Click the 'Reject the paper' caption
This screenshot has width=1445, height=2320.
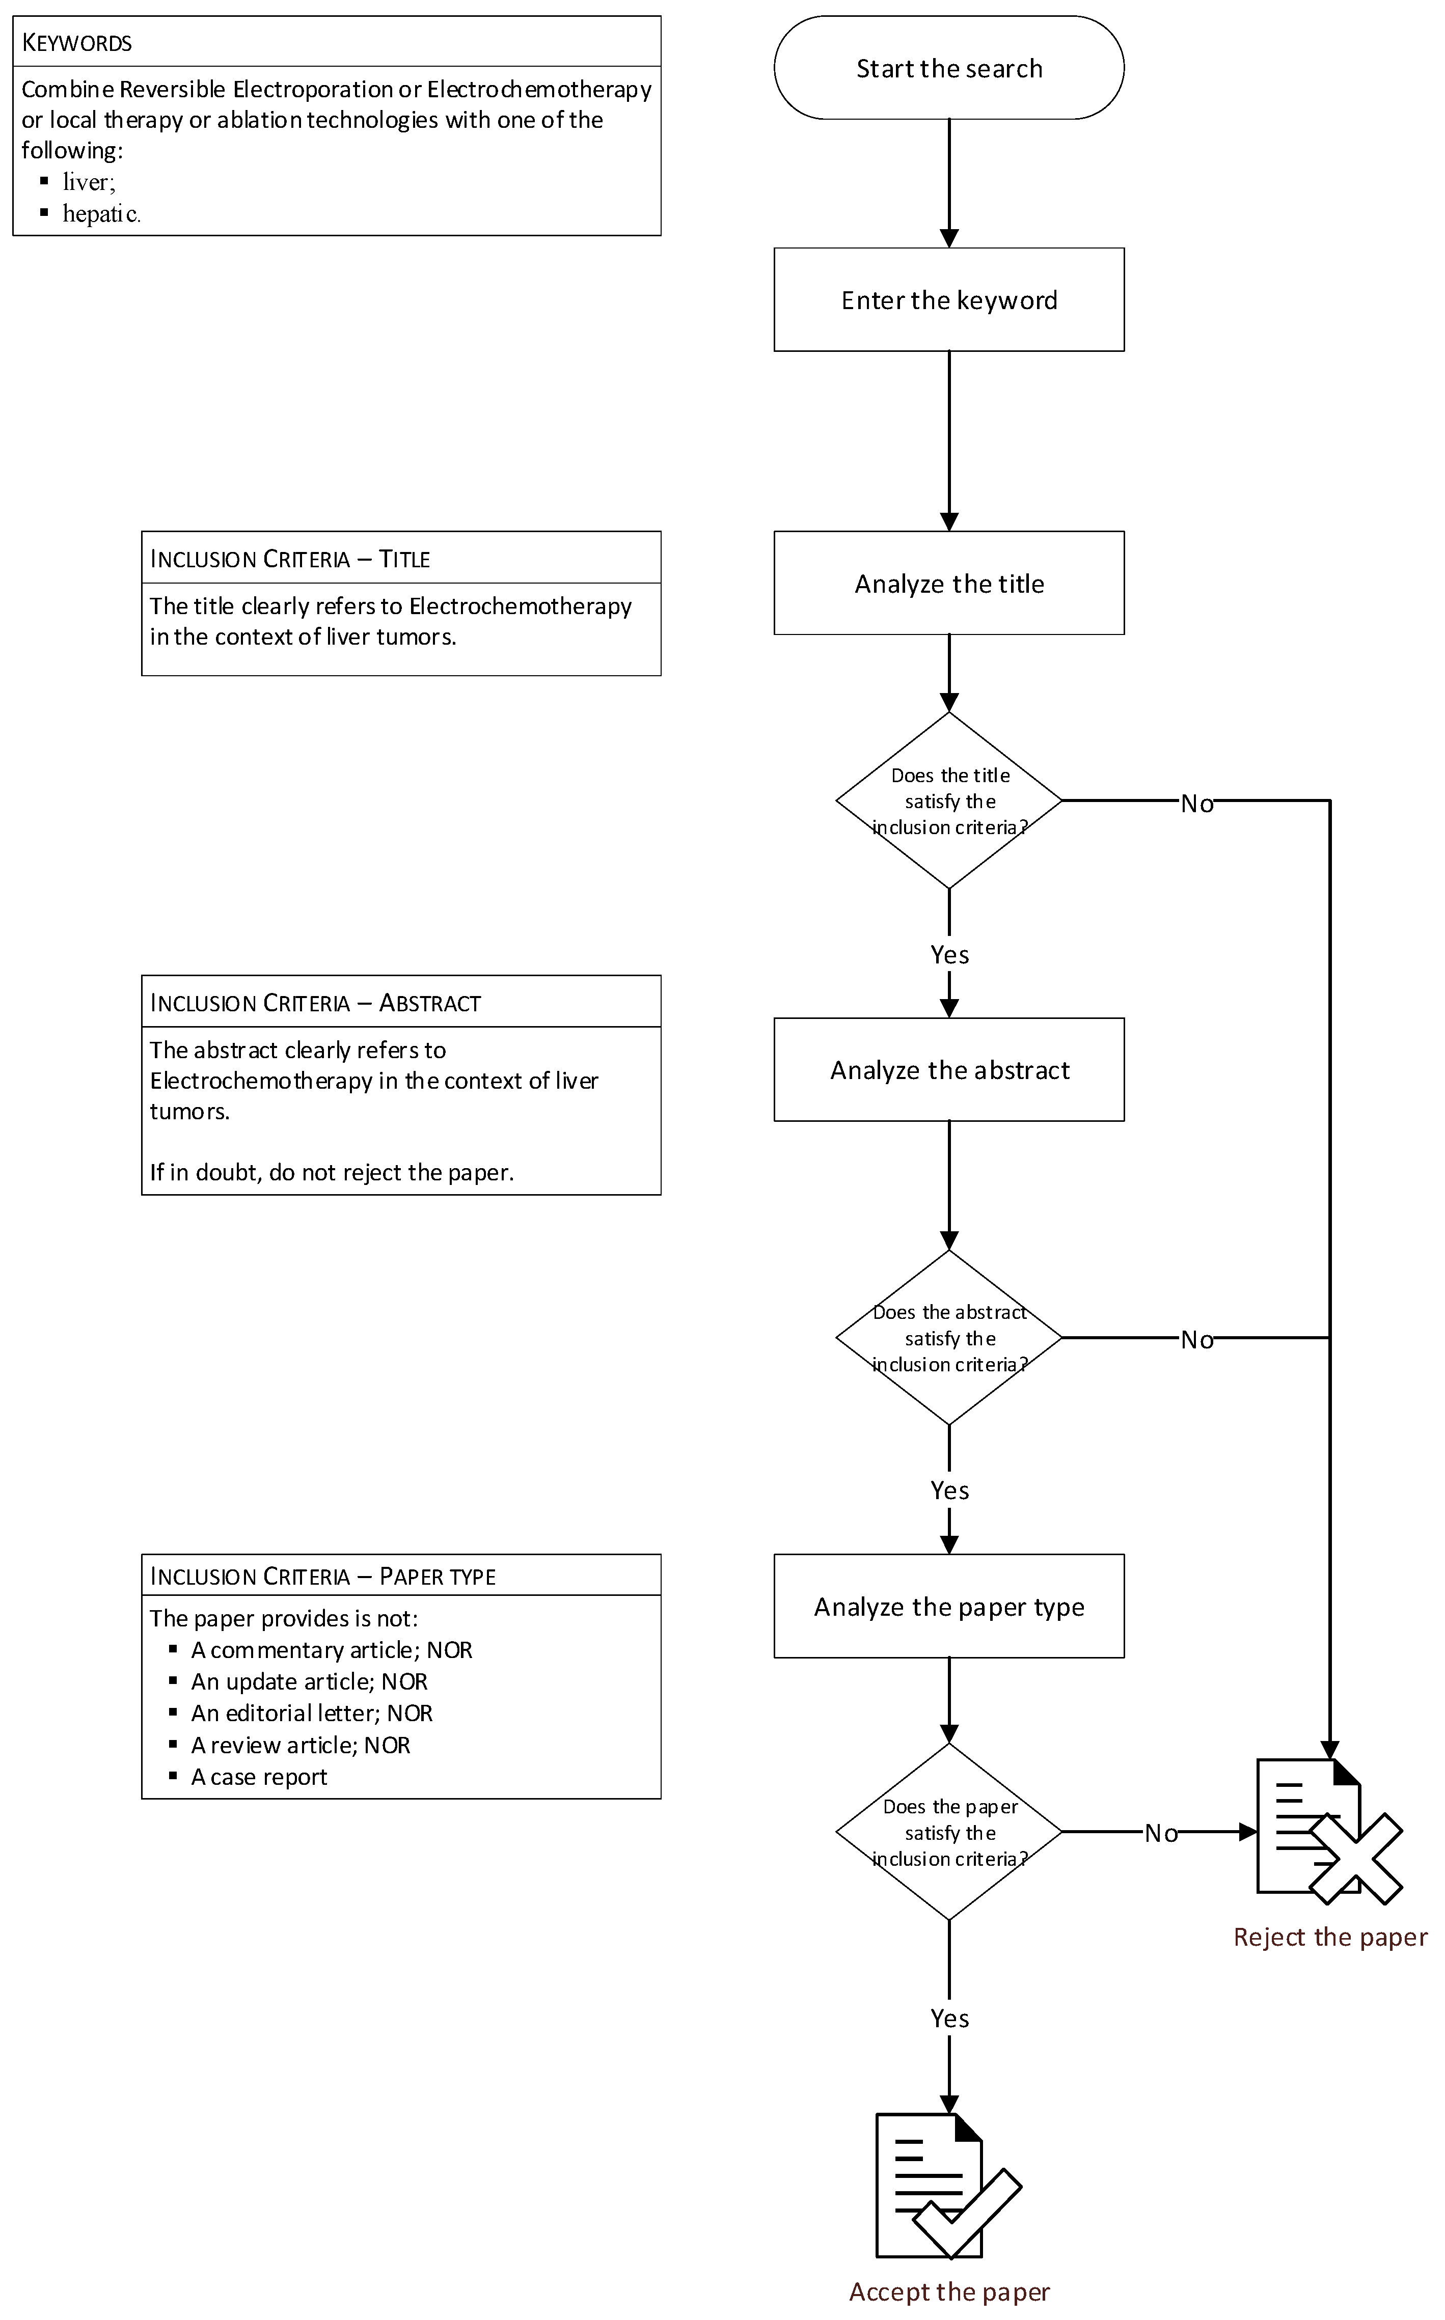tap(1329, 1937)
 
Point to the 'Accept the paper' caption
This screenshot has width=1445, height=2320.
tap(949, 2291)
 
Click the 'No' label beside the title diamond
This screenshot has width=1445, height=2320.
tap(1196, 804)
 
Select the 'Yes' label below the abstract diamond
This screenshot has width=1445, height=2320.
tap(949, 1490)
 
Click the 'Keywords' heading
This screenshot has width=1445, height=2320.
tap(76, 43)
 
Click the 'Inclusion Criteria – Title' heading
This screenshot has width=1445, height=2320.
tap(290, 559)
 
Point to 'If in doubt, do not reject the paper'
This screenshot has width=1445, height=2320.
tap(332, 1172)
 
